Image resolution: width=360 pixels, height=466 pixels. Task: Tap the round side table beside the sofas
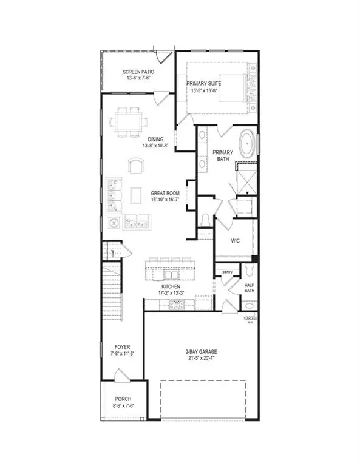point(114,223)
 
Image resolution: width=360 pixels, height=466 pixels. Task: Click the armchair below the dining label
point(136,166)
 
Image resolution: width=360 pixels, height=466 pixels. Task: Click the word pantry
point(228,272)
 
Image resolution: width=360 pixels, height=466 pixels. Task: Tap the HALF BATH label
point(250,287)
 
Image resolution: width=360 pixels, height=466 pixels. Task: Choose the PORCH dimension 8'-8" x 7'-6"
point(123,407)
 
